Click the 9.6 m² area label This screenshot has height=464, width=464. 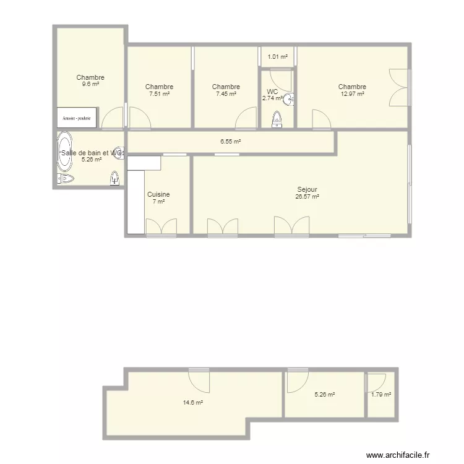(90, 84)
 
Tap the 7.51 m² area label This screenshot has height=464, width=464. (159, 94)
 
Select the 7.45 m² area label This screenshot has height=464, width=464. (226, 94)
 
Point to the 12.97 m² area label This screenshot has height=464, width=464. (352, 94)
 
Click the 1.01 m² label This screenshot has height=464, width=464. (277, 57)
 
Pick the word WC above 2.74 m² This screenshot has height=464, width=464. (272, 92)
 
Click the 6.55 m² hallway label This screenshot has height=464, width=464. (230, 141)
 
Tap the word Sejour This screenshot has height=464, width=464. (307, 189)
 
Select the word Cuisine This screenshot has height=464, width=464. (158, 194)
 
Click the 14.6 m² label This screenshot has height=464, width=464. (192, 402)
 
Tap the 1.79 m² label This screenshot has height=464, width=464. (381, 394)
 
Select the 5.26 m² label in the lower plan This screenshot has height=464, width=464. (324, 394)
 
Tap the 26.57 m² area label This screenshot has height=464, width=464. (307, 197)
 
